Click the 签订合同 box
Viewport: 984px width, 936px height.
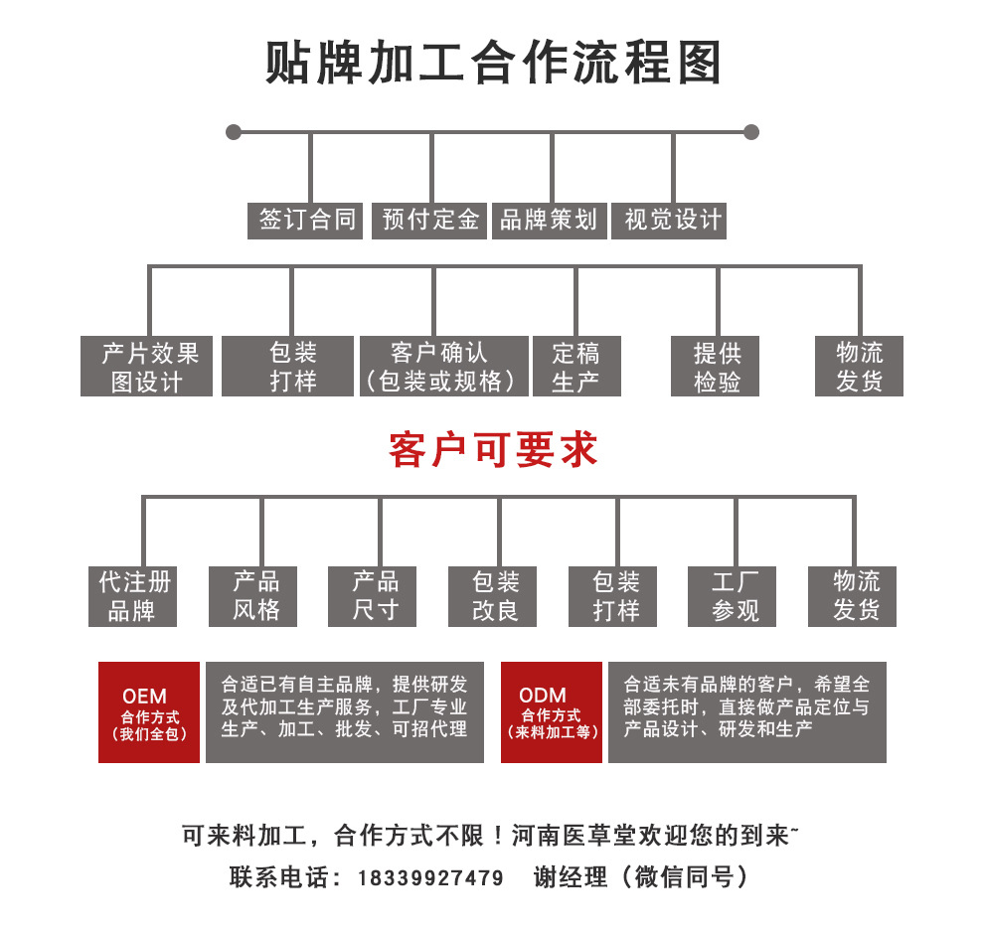[305, 221]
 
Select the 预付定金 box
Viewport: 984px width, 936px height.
[429, 221]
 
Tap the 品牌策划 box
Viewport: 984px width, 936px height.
[549, 221]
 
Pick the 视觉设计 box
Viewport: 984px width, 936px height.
[669, 221]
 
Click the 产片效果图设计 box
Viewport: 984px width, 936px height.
[146, 366]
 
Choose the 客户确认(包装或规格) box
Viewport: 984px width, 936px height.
[444, 366]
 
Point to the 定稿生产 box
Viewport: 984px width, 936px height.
[576, 366]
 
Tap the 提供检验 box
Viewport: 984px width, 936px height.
[715, 366]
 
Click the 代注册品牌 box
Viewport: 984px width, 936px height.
[132, 596]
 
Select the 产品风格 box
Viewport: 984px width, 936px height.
[252, 596]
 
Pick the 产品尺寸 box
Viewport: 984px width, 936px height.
[372, 596]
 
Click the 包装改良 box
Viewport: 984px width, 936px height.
[493, 596]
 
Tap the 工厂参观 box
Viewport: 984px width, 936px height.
[732, 596]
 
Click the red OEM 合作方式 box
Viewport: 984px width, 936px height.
[149, 712]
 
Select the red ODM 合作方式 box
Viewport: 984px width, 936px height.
[552, 712]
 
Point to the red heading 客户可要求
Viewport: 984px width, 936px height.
[493, 450]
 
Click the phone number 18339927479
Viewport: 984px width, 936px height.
[430, 878]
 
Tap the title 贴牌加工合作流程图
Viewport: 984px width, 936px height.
[493, 63]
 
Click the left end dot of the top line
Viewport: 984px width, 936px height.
[234, 132]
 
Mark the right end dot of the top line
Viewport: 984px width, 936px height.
[751, 132]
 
